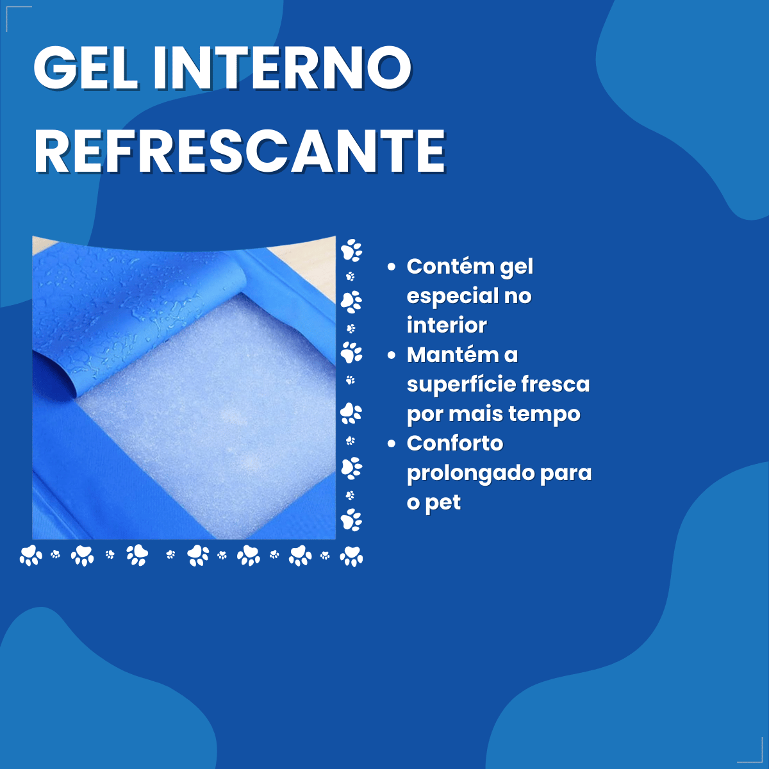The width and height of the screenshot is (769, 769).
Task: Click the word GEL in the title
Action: point(86,68)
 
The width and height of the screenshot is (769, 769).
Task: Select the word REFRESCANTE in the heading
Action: point(239,151)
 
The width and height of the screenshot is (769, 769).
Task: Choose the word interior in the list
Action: point(447,326)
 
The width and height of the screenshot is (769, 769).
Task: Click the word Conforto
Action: point(455,443)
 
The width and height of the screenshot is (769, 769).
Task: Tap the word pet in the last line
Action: point(443,503)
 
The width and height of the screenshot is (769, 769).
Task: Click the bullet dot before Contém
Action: point(392,267)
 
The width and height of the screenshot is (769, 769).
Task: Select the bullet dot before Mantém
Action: point(392,355)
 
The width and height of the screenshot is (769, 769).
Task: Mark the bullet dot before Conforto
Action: point(392,443)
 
